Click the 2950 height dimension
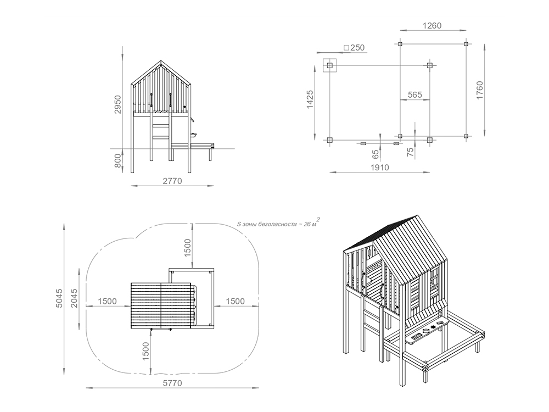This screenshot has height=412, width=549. pyautogui.click(x=118, y=104)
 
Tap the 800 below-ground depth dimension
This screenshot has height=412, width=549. pyautogui.click(x=118, y=161)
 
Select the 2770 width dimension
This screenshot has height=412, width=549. pyautogui.click(x=172, y=181)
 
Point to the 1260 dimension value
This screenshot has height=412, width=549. pyautogui.click(x=432, y=26)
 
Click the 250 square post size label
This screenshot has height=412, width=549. pyautogui.click(x=354, y=48)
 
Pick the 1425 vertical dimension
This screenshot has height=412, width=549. pyautogui.click(x=310, y=99)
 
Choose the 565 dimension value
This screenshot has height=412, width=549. pyautogui.click(x=415, y=95)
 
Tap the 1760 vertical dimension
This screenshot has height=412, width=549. pyautogui.click(x=479, y=90)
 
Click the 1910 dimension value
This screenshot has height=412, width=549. pyautogui.click(x=380, y=168)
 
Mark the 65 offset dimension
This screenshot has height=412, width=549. pyautogui.click(x=375, y=154)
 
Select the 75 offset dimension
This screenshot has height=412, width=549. pyautogui.click(x=410, y=152)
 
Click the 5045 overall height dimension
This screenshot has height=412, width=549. pyautogui.click(x=59, y=298)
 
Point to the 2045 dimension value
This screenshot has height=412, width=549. pyautogui.click(x=74, y=298)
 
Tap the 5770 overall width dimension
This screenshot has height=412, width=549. pyautogui.click(x=172, y=383)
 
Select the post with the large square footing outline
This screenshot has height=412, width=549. pyautogui.click(x=329, y=65)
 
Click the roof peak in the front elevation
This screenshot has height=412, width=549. pyautogui.click(x=161, y=61)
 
